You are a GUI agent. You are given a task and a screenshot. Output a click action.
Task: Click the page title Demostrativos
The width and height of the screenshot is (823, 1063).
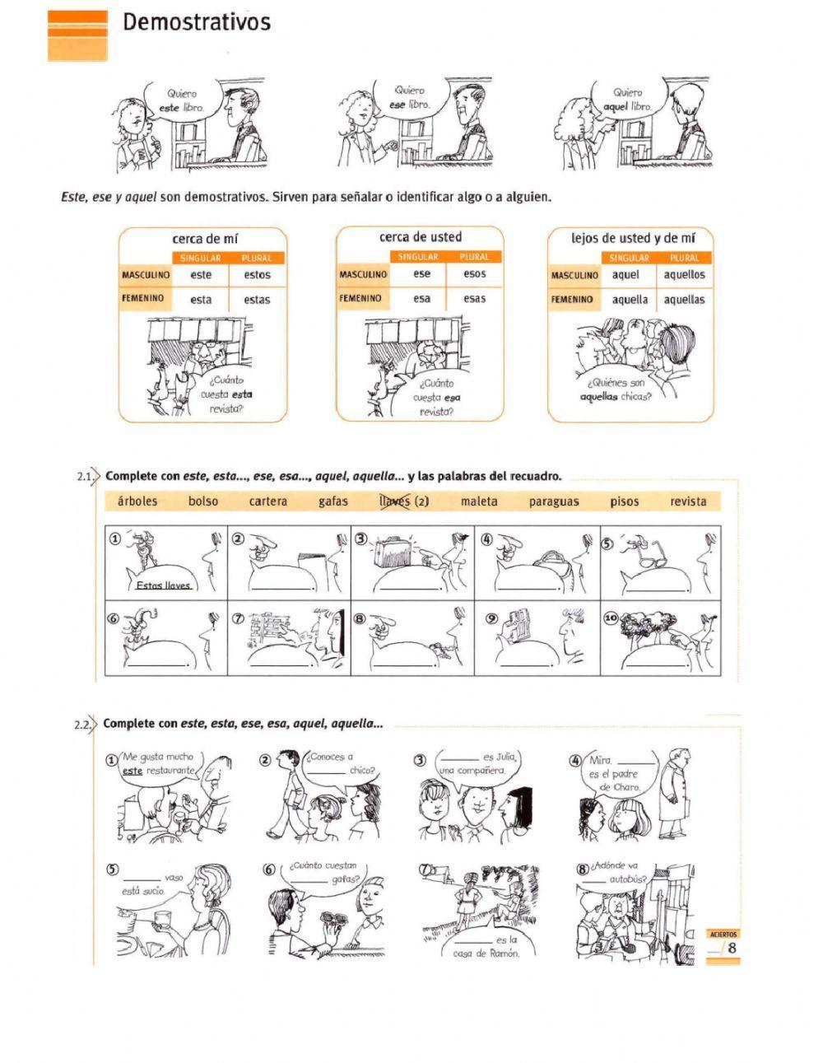tap(197, 22)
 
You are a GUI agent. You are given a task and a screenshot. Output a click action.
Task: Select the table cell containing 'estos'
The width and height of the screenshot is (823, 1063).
tap(257, 275)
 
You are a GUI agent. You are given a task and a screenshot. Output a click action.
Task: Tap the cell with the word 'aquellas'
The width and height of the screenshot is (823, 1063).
tap(684, 300)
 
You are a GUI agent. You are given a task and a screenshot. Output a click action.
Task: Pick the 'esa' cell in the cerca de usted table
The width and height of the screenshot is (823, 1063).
tap(421, 298)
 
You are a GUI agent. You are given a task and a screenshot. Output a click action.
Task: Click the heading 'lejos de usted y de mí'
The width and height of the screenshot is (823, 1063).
tap(633, 238)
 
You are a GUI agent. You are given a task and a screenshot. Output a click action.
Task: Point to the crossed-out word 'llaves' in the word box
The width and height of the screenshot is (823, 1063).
tap(395, 501)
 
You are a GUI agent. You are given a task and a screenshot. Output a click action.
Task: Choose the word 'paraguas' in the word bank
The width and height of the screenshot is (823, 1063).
tap(554, 502)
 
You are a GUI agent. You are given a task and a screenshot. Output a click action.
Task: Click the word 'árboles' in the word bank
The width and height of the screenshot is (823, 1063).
tap(137, 501)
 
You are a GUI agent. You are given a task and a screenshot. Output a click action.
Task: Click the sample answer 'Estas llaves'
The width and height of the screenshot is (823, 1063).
tap(163, 585)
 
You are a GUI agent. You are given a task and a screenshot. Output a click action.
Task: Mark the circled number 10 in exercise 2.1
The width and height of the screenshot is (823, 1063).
tap(611, 618)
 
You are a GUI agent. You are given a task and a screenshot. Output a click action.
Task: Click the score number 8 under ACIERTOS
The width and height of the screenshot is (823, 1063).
tap(732, 948)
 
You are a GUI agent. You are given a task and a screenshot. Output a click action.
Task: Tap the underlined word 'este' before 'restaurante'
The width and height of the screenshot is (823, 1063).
tap(133, 771)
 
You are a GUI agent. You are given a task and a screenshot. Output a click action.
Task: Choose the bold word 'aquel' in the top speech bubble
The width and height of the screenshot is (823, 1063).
tap(615, 106)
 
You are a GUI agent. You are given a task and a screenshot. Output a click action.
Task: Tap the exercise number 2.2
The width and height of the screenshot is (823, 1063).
tap(82, 724)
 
